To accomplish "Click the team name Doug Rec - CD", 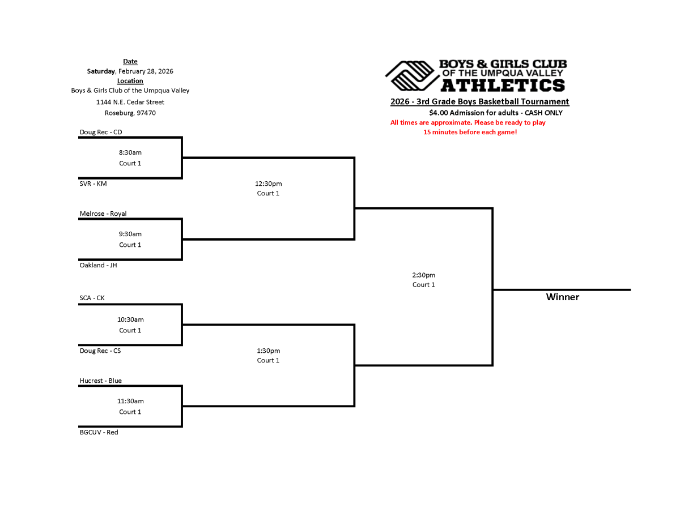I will coord(100,132).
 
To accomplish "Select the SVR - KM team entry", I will coord(93,183).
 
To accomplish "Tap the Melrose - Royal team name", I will coord(103,214).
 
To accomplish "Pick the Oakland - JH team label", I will coord(98,265).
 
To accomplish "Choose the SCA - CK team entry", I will coord(92,298).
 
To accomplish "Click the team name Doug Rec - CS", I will coord(100,351).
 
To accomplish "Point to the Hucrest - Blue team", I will coord(100,381).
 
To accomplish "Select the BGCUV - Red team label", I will coord(99,432).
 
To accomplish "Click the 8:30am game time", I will coord(130,152).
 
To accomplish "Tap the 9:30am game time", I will coord(130,234).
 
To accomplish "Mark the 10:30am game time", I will coord(130,319).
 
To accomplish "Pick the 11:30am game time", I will coord(130,401).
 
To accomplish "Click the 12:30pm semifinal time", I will coord(268,183).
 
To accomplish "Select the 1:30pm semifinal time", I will coord(268,351).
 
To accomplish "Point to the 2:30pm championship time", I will coord(423,275).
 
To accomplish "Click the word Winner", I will coord(562,297).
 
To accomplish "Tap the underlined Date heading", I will coord(130,61).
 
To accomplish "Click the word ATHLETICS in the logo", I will coord(503,85).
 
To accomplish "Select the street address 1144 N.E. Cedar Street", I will coord(130,102).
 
